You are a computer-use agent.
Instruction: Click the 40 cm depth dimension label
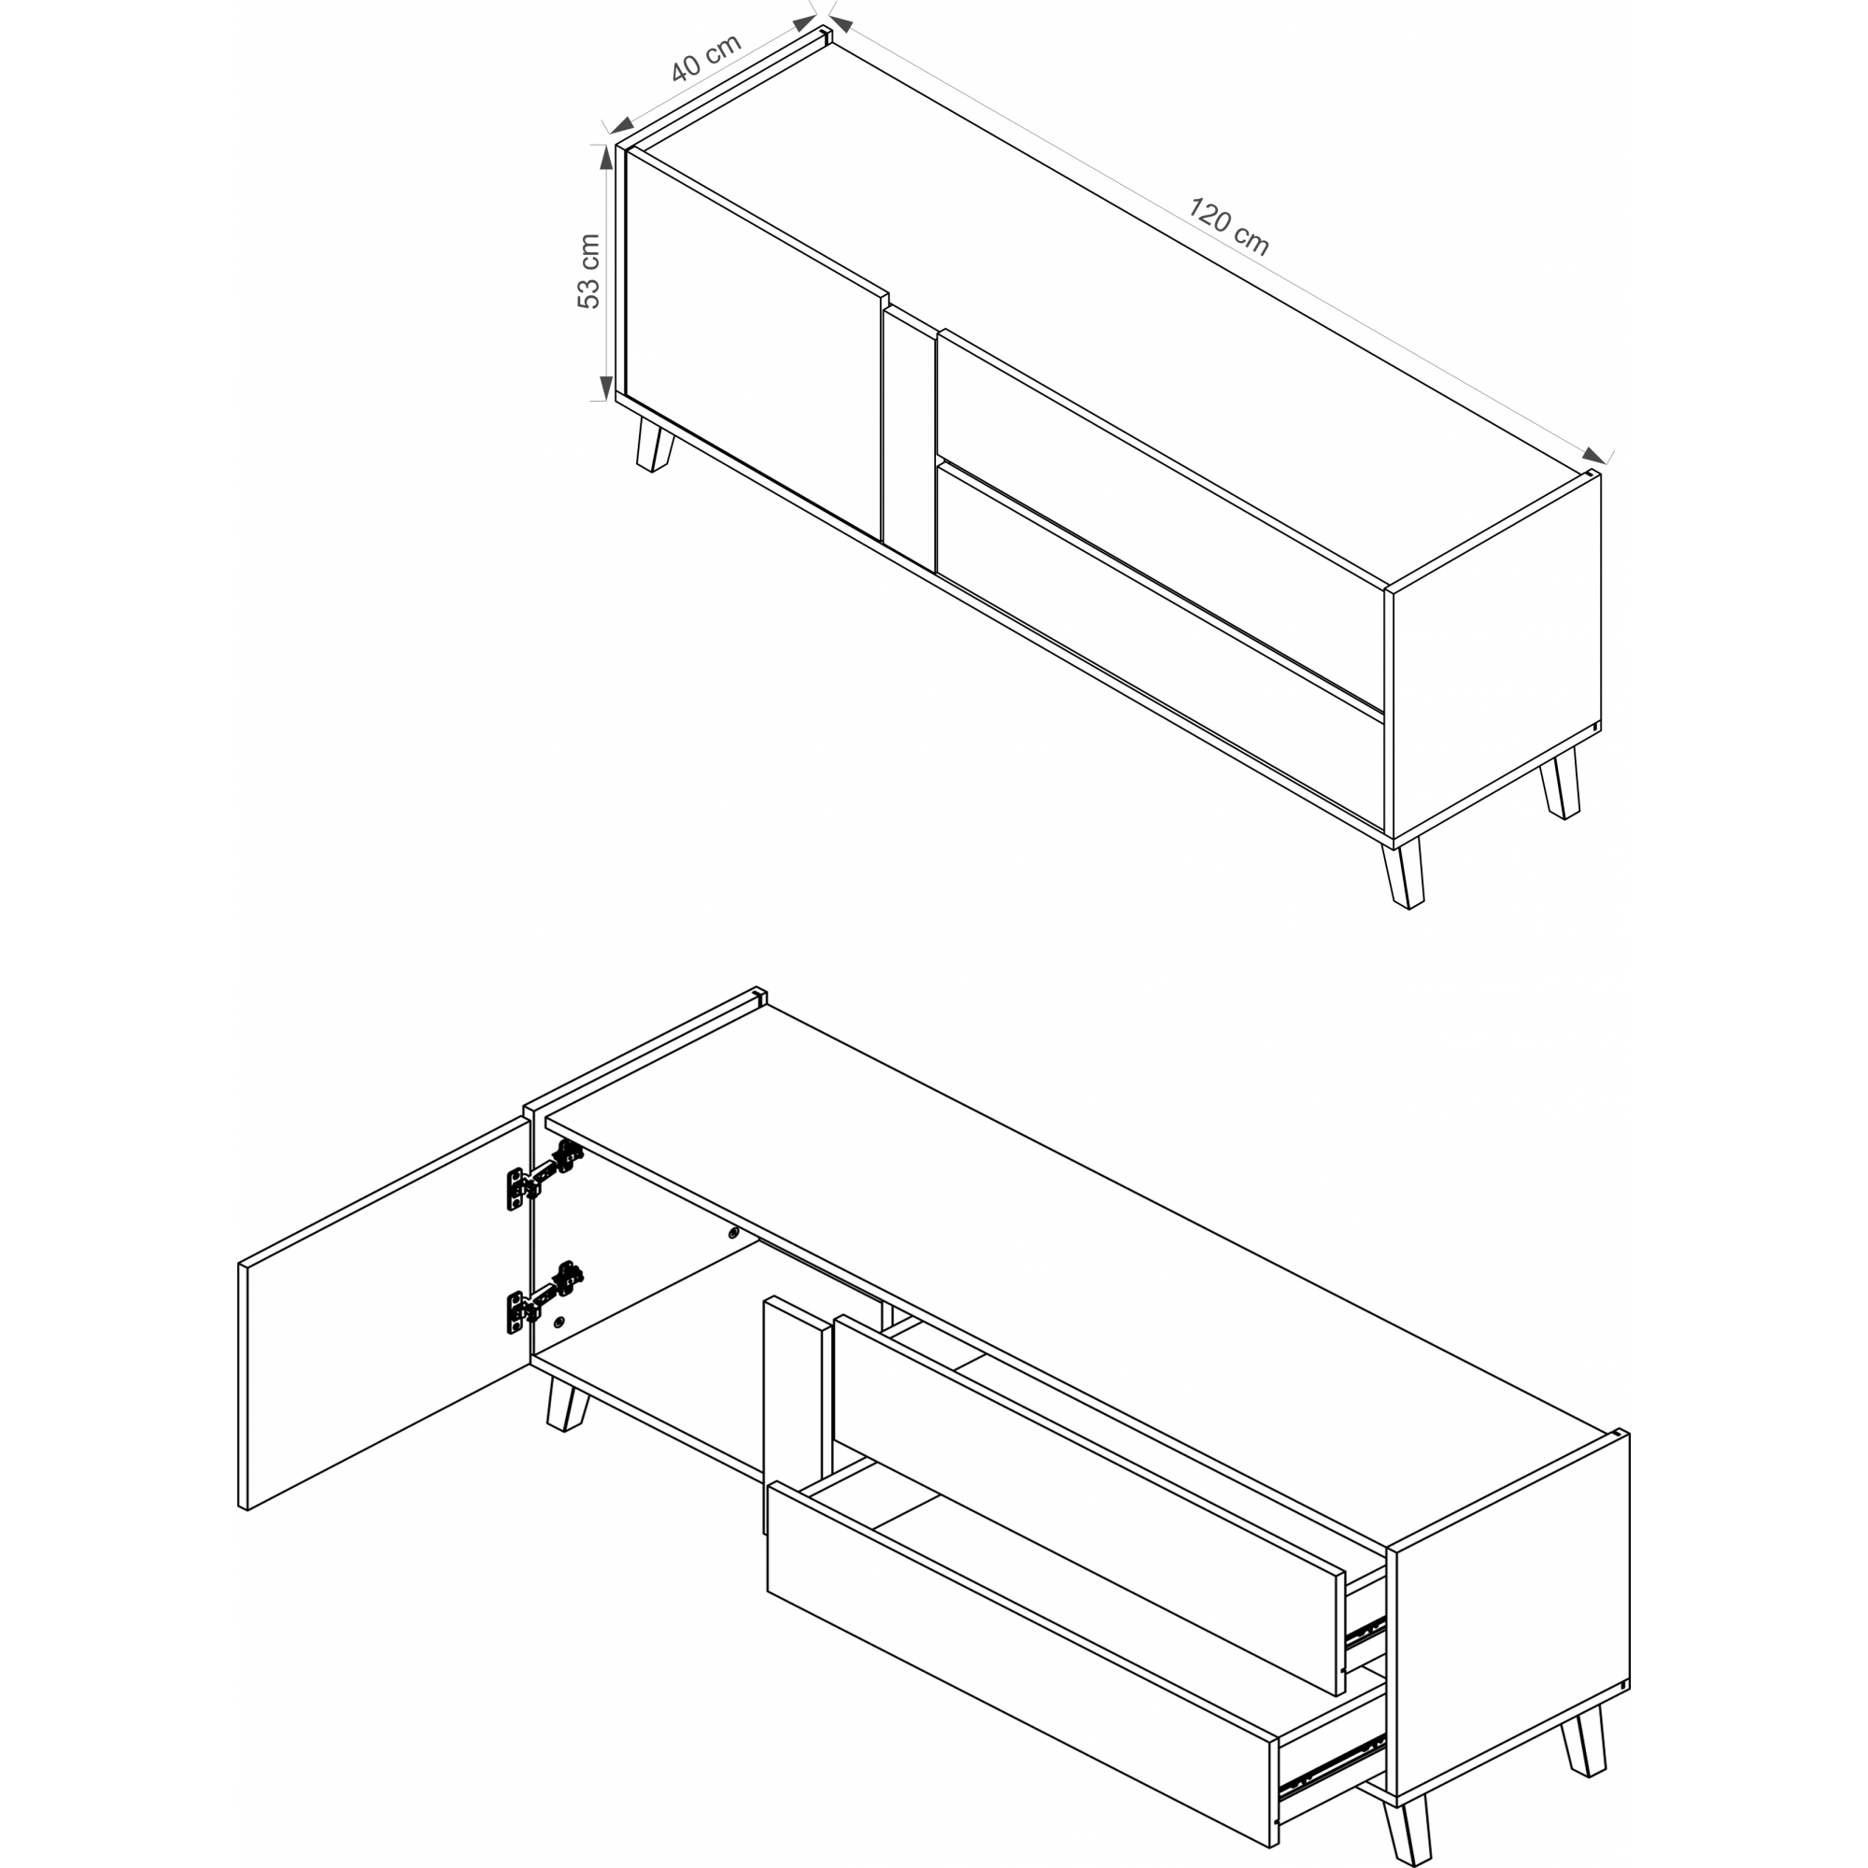pyautogui.click(x=707, y=57)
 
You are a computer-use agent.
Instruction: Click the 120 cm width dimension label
pyautogui.click(x=1229, y=226)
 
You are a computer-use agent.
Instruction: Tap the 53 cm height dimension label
pyautogui.click(x=588, y=272)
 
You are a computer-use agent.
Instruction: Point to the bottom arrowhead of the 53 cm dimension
pyautogui.click(x=606, y=387)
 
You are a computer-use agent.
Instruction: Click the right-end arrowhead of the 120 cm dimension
pyautogui.click(x=1593, y=455)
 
